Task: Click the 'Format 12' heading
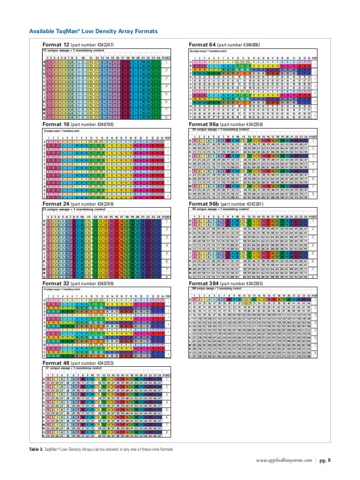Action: tap(56, 45)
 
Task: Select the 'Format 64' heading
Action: tap(203, 45)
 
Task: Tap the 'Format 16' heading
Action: tap(56, 124)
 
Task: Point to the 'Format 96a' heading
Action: tap(204, 124)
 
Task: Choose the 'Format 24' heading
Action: tap(56, 204)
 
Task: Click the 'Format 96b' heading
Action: tap(204, 204)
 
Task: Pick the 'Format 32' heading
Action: tap(56, 284)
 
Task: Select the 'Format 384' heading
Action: tap(204, 284)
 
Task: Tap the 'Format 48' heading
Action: tap(56, 363)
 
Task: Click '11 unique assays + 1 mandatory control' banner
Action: tap(72, 51)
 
